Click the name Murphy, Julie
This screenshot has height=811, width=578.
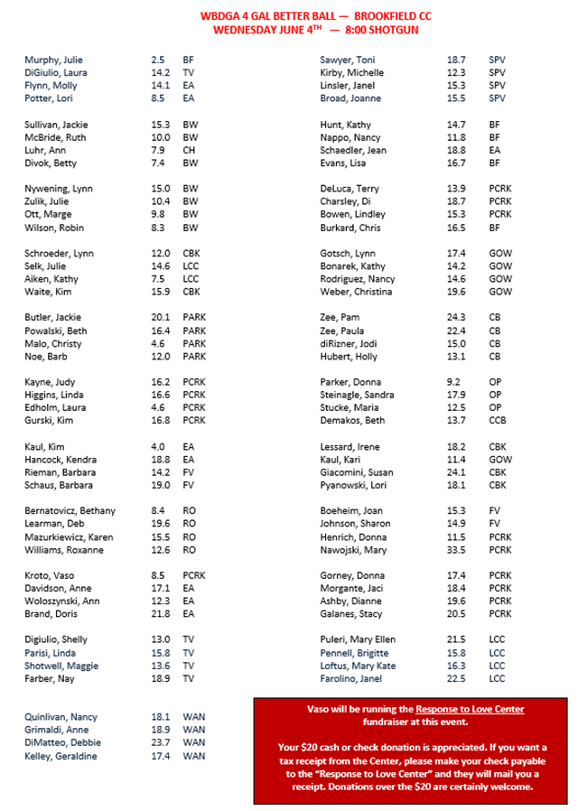[52, 59]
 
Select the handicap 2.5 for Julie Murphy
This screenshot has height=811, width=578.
[158, 59]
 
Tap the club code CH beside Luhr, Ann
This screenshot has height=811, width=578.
[190, 150]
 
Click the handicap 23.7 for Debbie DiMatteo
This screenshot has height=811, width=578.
[162, 742]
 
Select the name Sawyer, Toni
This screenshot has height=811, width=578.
[348, 59]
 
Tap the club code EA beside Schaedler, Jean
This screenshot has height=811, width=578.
[494, 150]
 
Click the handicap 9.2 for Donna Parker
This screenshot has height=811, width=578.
[454, 382]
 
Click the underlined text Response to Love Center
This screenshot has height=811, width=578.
[470, 709]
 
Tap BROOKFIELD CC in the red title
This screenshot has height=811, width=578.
[397, 15]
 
